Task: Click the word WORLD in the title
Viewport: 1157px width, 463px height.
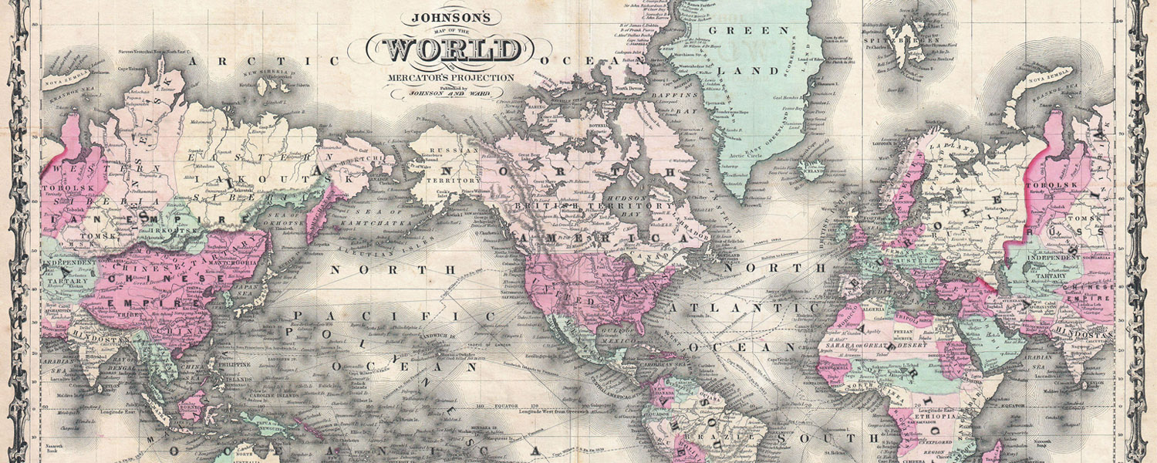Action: (453, 50)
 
